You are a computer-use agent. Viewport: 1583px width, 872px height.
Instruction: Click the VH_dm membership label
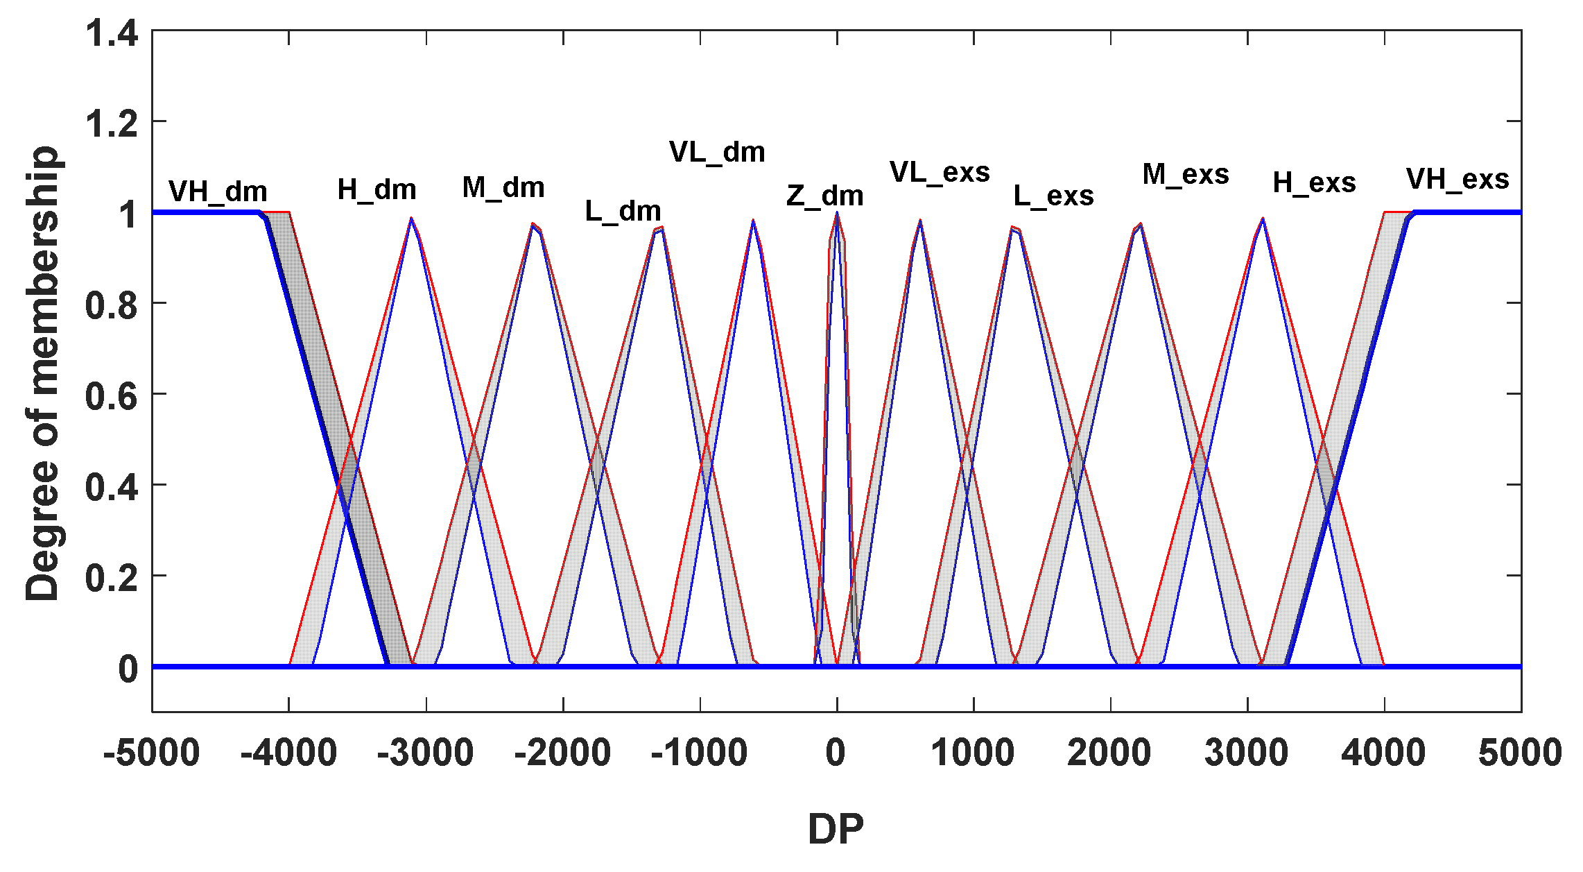[x=218, y=191]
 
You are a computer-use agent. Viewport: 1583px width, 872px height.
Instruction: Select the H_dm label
[x=377, y=189]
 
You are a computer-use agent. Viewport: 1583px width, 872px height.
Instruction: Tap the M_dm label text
[x=503, y=187]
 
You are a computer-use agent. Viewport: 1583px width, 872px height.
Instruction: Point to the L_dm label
[x=623, y=211]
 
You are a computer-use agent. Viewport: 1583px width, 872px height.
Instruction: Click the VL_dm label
[x=717, y=152]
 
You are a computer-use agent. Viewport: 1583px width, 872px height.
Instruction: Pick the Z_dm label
[x=824, y=196]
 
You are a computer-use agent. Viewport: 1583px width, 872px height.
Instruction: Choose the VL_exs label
[x=940, y=172]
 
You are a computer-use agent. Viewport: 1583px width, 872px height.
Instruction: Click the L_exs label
[x=1053, y=196]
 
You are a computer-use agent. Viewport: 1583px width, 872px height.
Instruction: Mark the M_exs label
[x=1186, y=174]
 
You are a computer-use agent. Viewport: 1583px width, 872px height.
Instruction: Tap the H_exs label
[x=1314, y=183]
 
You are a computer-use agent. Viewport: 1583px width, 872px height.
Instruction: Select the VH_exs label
[x=1457, y=180]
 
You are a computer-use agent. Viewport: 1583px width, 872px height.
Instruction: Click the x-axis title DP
[x=836, y=828]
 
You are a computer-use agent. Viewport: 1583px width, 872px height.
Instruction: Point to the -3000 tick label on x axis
[x=425, y=753]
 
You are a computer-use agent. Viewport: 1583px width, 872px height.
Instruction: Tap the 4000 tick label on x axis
[x=1383, y=753]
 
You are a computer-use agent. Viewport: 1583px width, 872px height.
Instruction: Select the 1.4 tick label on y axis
[x=111, y=33]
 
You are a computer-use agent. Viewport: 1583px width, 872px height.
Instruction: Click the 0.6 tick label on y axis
[x=111, y=396]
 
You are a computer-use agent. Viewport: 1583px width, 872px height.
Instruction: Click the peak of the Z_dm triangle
[x=837, y=214]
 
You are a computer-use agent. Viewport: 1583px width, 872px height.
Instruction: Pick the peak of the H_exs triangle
[x=1263, y=219]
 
